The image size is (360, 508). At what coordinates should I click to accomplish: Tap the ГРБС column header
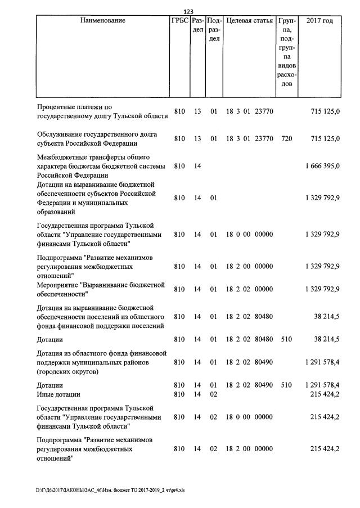click(x=179, y=21)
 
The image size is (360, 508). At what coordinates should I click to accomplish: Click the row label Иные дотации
click(x=58, y=395)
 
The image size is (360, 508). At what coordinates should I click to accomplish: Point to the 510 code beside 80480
click(x=286, y=340)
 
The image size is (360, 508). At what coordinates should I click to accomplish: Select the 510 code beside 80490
click(x=286, y=385)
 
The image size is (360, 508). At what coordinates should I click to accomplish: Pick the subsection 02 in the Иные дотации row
click(x=213, y=395)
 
